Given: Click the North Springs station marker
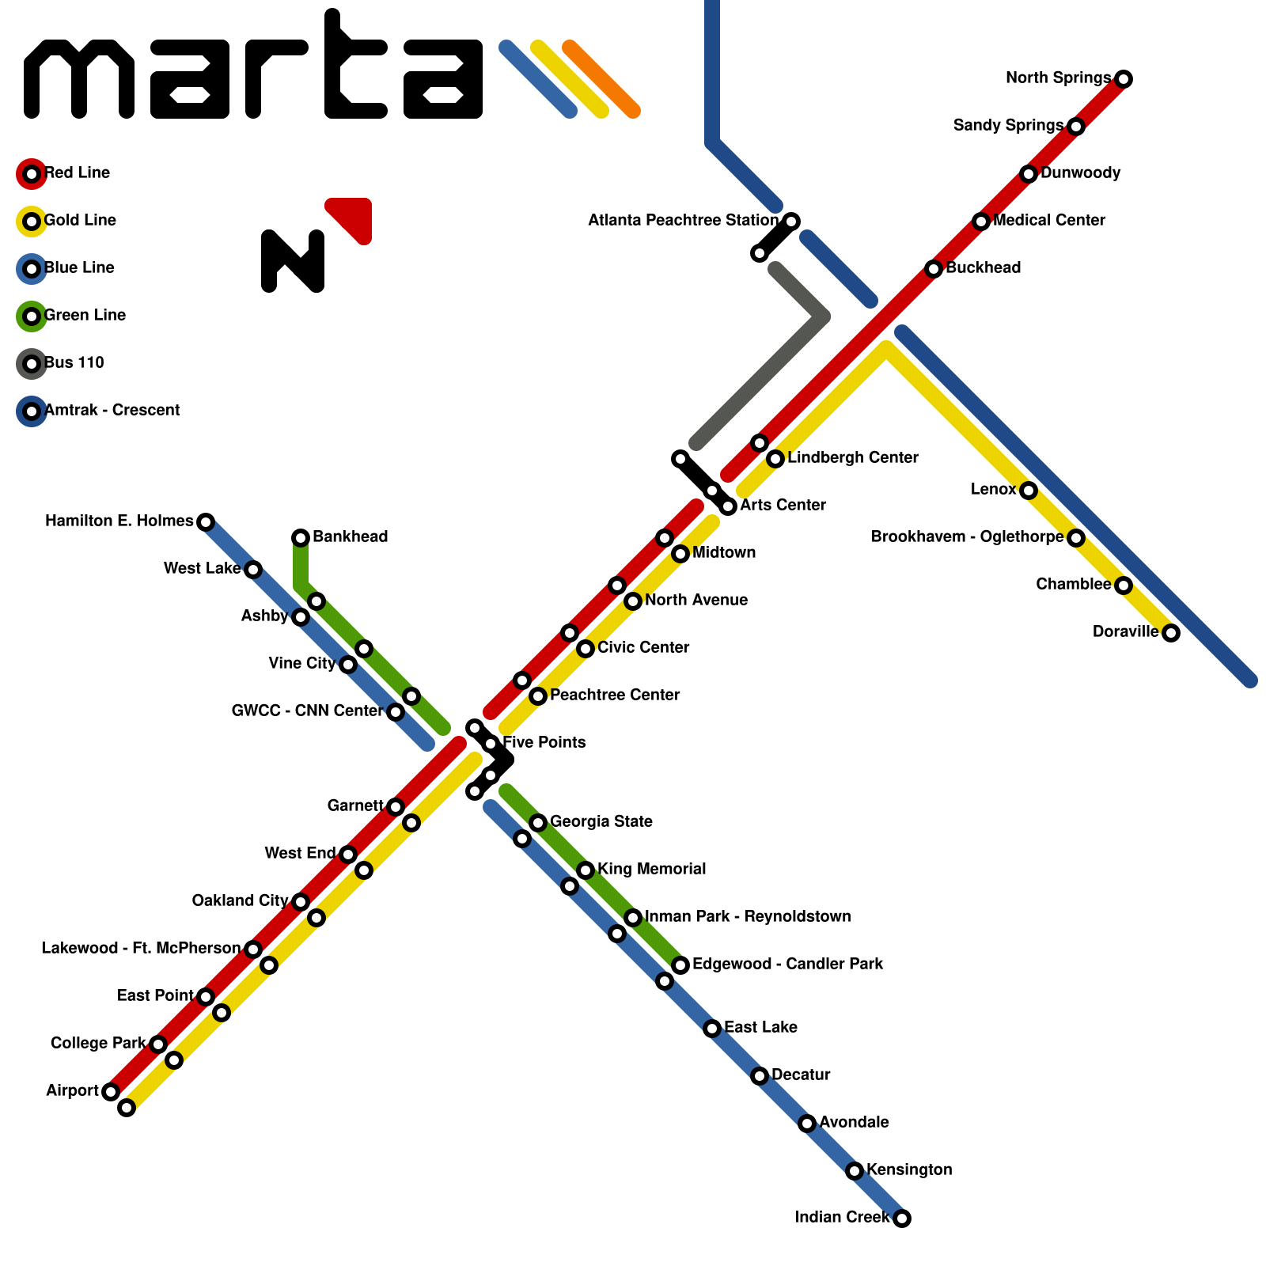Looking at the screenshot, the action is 1123,78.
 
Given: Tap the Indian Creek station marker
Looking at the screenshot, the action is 901,1218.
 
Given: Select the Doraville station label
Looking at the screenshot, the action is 1125,631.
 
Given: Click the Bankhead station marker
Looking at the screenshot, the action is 301,538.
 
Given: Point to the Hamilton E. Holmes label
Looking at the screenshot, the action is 119,521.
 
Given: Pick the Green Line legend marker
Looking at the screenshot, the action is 32,316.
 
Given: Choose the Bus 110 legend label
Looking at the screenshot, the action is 74,362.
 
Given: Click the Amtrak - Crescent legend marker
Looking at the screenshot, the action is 32,411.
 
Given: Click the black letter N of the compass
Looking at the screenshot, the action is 293,261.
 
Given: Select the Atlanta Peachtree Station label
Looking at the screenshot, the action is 683,220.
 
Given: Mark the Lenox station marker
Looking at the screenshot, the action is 1028,491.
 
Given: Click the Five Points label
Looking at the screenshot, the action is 544,742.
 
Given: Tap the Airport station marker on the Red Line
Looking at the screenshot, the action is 111,1092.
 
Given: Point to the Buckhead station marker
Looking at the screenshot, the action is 934,269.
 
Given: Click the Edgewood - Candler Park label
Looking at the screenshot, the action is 787,964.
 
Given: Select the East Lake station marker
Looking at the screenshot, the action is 712,1029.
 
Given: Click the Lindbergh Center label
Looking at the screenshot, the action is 852,457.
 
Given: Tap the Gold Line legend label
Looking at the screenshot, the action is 80,220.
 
